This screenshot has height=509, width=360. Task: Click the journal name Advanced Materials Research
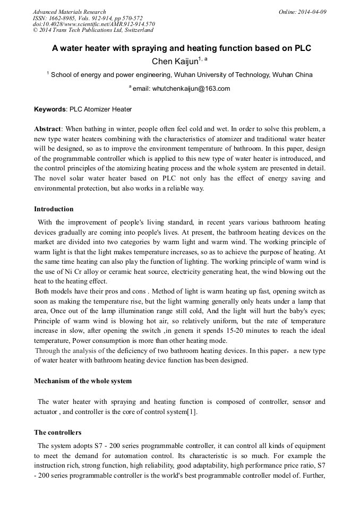pos(69,12)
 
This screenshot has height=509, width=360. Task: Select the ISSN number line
pos(88,18)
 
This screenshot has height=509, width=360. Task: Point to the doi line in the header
pos(94,24)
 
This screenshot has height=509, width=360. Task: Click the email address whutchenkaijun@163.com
pos(188,89)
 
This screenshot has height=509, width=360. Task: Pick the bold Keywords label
pos(50,109)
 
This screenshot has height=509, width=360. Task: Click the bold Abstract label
pos(48,129)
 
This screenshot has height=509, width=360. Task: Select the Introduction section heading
pos(54,209)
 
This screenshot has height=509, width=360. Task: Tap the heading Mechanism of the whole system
pos(82,381)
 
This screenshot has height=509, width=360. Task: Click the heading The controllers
pos(57,433)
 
